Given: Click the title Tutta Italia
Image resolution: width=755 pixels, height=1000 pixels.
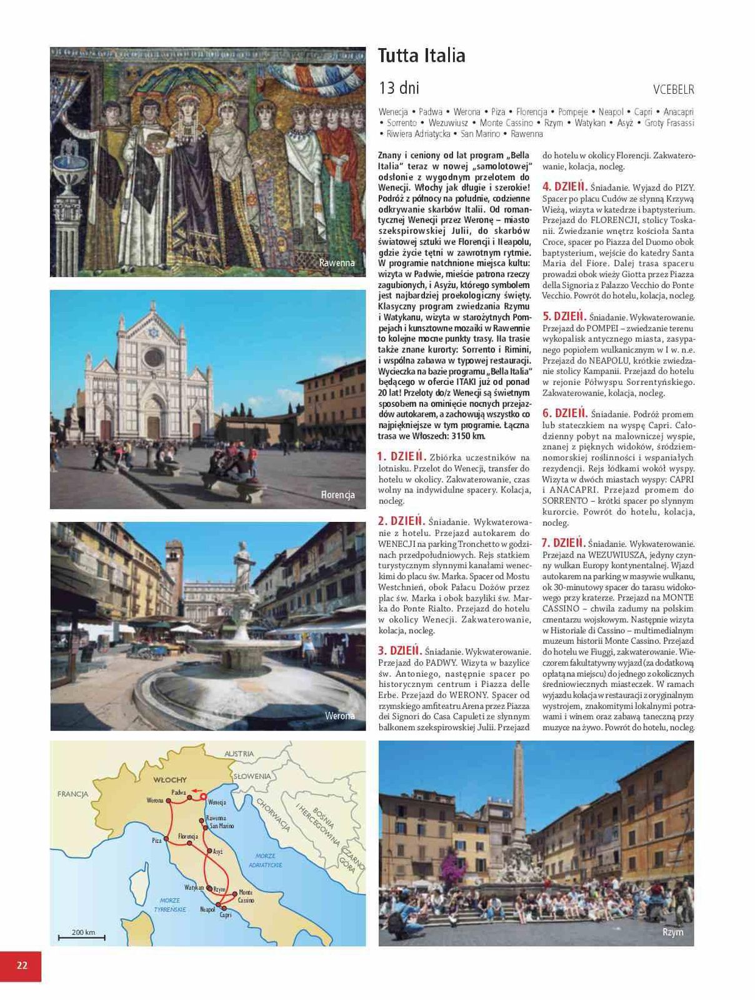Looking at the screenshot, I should (422, 56).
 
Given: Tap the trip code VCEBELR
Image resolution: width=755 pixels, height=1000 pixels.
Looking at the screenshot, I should (673, 89).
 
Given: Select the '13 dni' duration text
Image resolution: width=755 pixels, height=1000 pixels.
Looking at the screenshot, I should (399, 87).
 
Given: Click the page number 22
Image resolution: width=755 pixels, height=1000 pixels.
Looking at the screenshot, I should (22, 965).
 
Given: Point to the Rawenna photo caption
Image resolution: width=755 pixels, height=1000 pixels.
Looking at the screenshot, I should (337, 263).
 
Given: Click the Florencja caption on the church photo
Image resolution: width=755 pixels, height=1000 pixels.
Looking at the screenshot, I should (337, 494).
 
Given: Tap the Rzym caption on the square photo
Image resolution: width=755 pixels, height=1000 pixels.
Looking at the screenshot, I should (672, 932).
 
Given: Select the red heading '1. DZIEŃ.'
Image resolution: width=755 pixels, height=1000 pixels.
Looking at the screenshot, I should (402, 457).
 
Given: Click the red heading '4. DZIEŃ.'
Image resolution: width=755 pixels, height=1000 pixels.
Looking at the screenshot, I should (565, 186).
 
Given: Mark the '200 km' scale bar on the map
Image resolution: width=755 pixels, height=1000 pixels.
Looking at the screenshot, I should (82, 934).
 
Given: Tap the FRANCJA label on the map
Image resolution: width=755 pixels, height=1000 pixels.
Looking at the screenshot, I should (73, 794).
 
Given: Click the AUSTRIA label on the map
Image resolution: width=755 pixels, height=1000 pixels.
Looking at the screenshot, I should (239, 754).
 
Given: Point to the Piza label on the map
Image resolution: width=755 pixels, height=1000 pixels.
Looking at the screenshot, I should (157, 841).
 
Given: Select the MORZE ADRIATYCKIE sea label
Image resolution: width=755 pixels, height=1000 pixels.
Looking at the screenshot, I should (266, 861).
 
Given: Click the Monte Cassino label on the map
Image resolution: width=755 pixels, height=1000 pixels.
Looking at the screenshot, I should (246, 896).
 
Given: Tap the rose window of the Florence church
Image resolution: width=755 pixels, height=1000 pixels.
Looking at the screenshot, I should (152, 357).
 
